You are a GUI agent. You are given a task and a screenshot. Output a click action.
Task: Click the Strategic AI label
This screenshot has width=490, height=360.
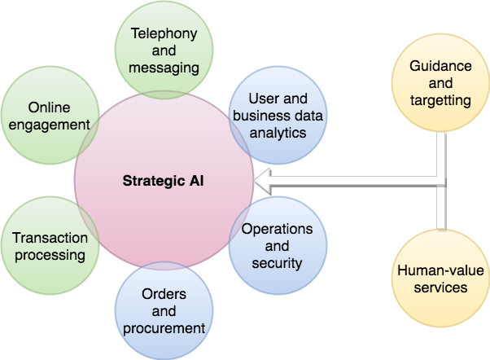point(163,180)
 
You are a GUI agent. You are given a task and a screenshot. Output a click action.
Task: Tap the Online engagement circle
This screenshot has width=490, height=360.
point(46,116)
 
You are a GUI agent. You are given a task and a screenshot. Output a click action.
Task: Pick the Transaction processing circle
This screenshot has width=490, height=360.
point(47,246)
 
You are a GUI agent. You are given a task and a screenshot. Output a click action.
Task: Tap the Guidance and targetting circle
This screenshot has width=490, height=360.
point(440,88)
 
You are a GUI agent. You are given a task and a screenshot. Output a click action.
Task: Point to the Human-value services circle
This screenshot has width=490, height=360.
point(440,277)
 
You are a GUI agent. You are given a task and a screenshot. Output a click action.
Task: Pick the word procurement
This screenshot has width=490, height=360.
point(164,328)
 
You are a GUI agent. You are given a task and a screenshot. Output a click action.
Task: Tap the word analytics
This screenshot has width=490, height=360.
point(278,132)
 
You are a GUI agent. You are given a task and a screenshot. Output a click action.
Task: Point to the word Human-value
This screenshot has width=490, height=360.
point(440,268)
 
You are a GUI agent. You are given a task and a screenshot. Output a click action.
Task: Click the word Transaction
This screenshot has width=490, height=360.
point(48,237)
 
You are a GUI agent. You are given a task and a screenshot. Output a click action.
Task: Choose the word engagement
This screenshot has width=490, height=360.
point(46,125)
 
